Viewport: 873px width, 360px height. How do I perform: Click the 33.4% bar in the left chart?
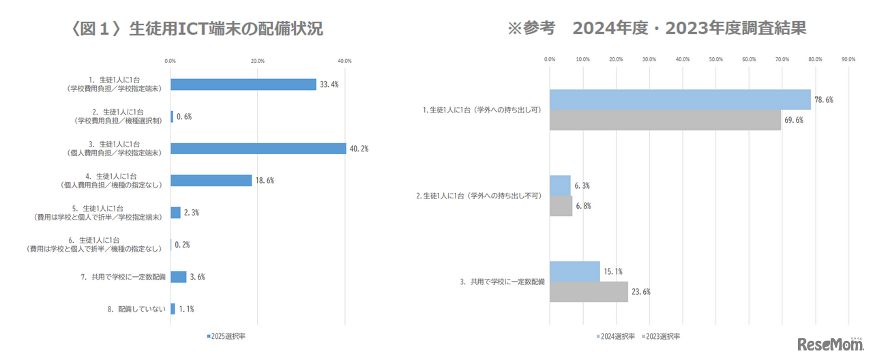pos(243,85)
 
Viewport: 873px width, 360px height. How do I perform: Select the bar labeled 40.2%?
pos(258,149)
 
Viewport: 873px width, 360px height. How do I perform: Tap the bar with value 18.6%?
pos(211,181)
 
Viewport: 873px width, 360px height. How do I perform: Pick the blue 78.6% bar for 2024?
pos(680,100)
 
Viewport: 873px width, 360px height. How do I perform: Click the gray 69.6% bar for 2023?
pos(665,120)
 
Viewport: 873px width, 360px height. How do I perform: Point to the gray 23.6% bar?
pos(589,292)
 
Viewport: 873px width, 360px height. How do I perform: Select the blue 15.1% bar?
pos(574,271)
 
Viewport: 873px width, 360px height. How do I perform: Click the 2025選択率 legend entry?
pos(225,336)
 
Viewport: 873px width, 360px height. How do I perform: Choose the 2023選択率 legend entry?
pos(662,336)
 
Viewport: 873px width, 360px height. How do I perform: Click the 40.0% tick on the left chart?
pos(344,61)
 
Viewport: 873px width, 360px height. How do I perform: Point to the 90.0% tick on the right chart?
pos(848,59)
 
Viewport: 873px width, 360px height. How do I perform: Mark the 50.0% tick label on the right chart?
pos(715,59)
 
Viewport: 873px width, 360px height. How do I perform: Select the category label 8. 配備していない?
pos(136,309)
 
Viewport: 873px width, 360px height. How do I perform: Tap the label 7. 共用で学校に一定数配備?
pos(123,277)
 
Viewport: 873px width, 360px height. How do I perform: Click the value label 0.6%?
pos(184,117)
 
